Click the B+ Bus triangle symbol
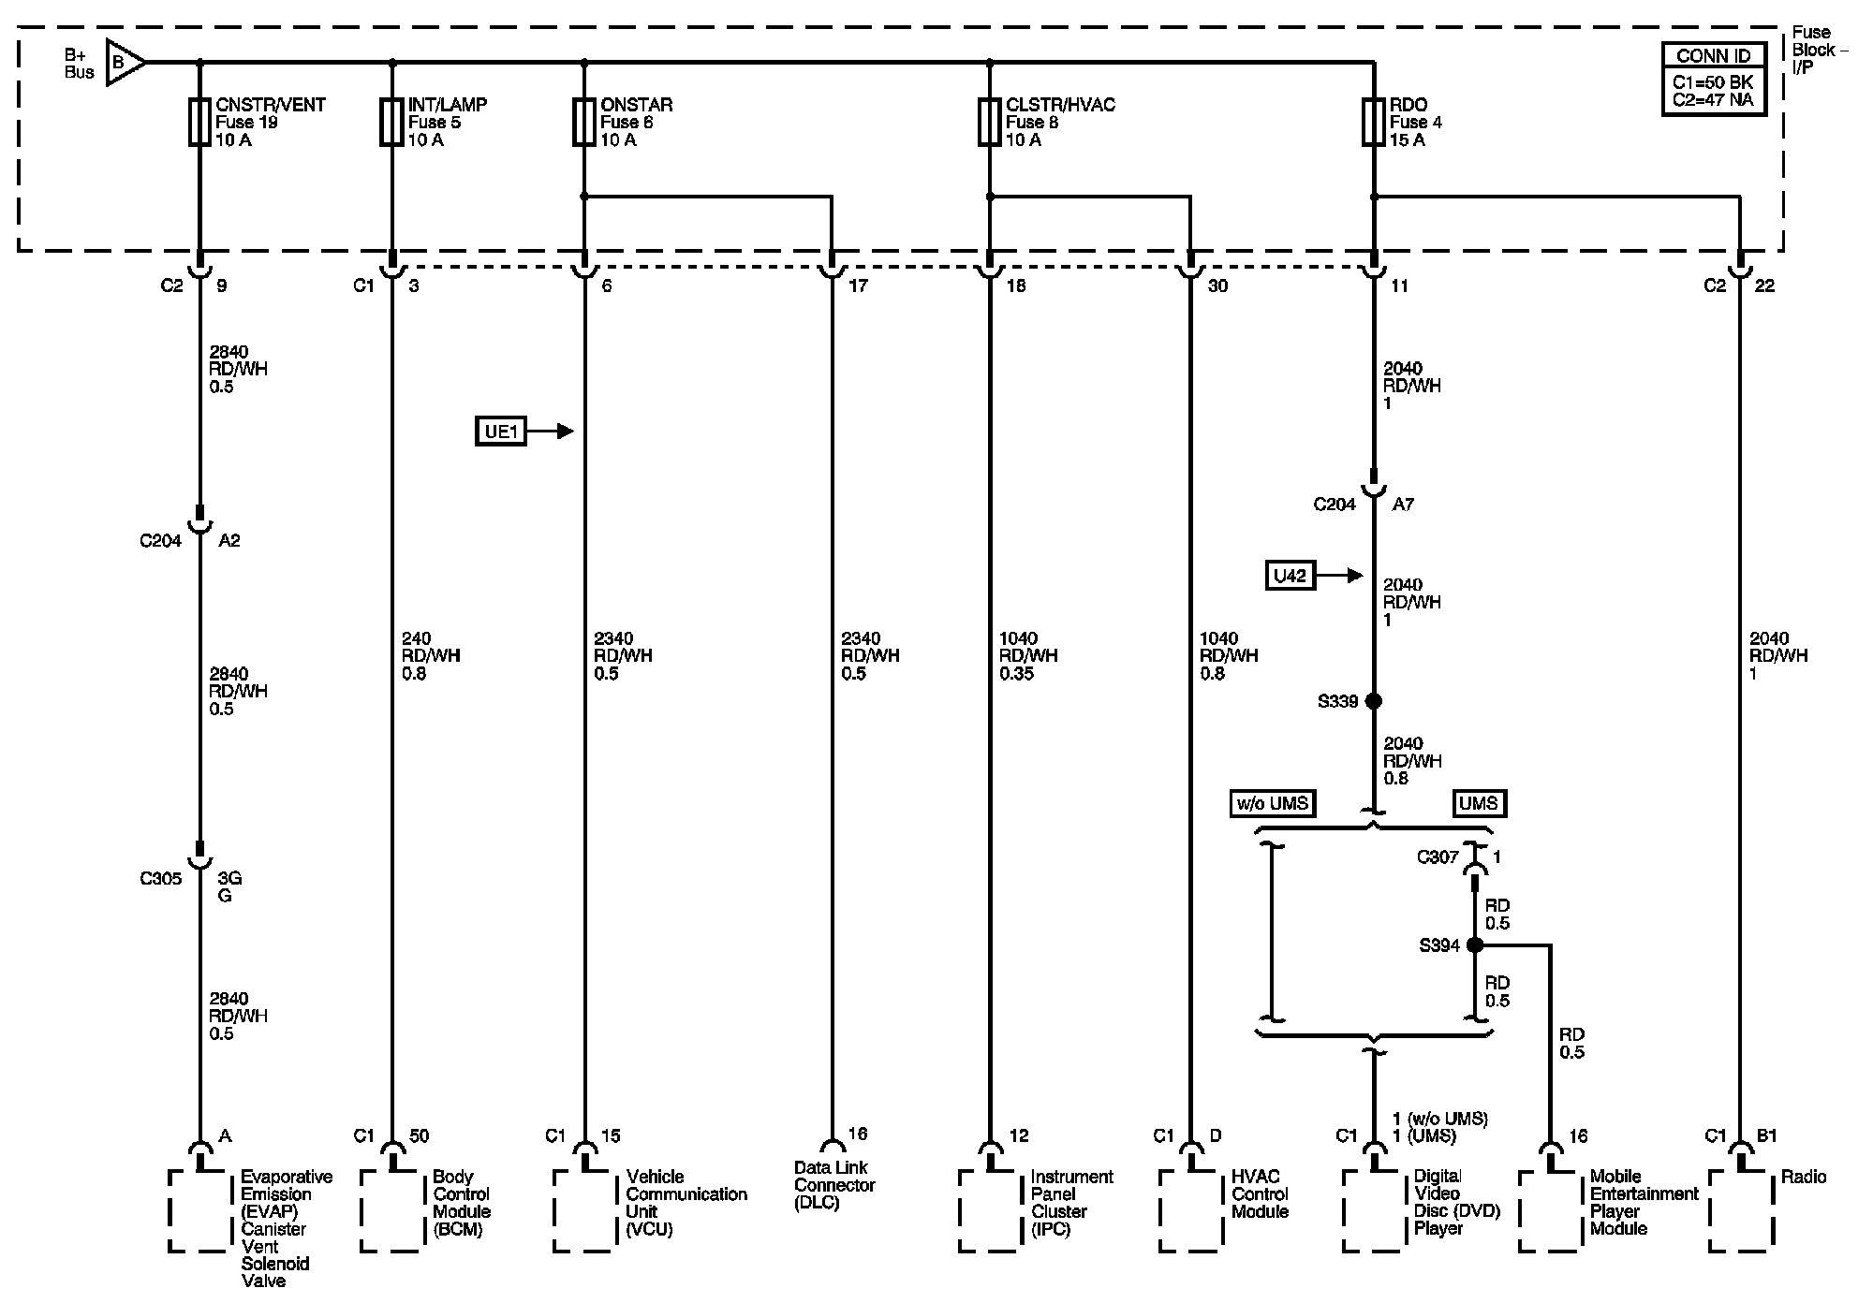pyautogui.click(x=124, y=63)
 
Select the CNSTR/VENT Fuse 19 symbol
pyautogui.click(x=199, y=122)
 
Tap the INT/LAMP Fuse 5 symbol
pyautogui.click(x=391, y=122)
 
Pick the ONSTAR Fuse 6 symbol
pyautogui.click(x=584, y=122)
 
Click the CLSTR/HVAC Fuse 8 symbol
pyautogui.click(x=990, y=122)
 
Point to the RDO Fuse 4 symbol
pyautogui.click(x=1374, y=122)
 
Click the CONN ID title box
pyautogui.click(x=1713, y=56)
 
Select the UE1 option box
pyautogui.click(x=501, y=432)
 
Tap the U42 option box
pyautogui.click(x=1290, y=576)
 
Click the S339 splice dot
pyautogui.click(x=1374, y=700)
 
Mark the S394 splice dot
pyautogui.click(x=1475, y=945)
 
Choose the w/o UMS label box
pyautogui.click(x=1272, y=803)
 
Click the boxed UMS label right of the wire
pyautogui.click(x=1479, y=803)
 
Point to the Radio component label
pyautogui.click(x=1804, y=1178)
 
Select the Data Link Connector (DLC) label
pyautogui.click(x=834, y=1185)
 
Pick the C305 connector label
pyautogui.click(x=160, y=879)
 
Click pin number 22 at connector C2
pyautogui.click(x=1764, y=285)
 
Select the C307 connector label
pyautogui.click(x=1438, y=857)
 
